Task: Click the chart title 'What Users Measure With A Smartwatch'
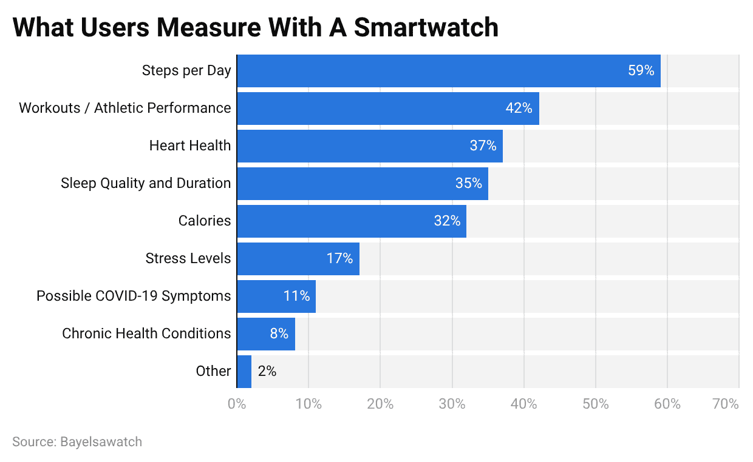(255, 27)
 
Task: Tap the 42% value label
(519, 109)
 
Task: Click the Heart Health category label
(190, 146)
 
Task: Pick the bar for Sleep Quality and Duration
(362, 184)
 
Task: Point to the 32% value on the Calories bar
(447, 221)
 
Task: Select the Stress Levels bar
(298, 259)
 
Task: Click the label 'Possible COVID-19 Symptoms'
(134, 296)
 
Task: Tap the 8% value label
(279, 334)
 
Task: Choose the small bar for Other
(244, 372)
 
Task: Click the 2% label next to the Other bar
(267, 372)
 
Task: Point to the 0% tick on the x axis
(236, 404)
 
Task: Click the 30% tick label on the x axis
(452, 404)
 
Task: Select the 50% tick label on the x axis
(595, 404)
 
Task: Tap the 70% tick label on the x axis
(726, 404)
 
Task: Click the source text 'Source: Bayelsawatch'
(77, 442)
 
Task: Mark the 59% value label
(641, 71)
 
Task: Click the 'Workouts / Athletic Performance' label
(125, 109)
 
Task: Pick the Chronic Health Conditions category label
(146, 334)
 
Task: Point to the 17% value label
(339, 259)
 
